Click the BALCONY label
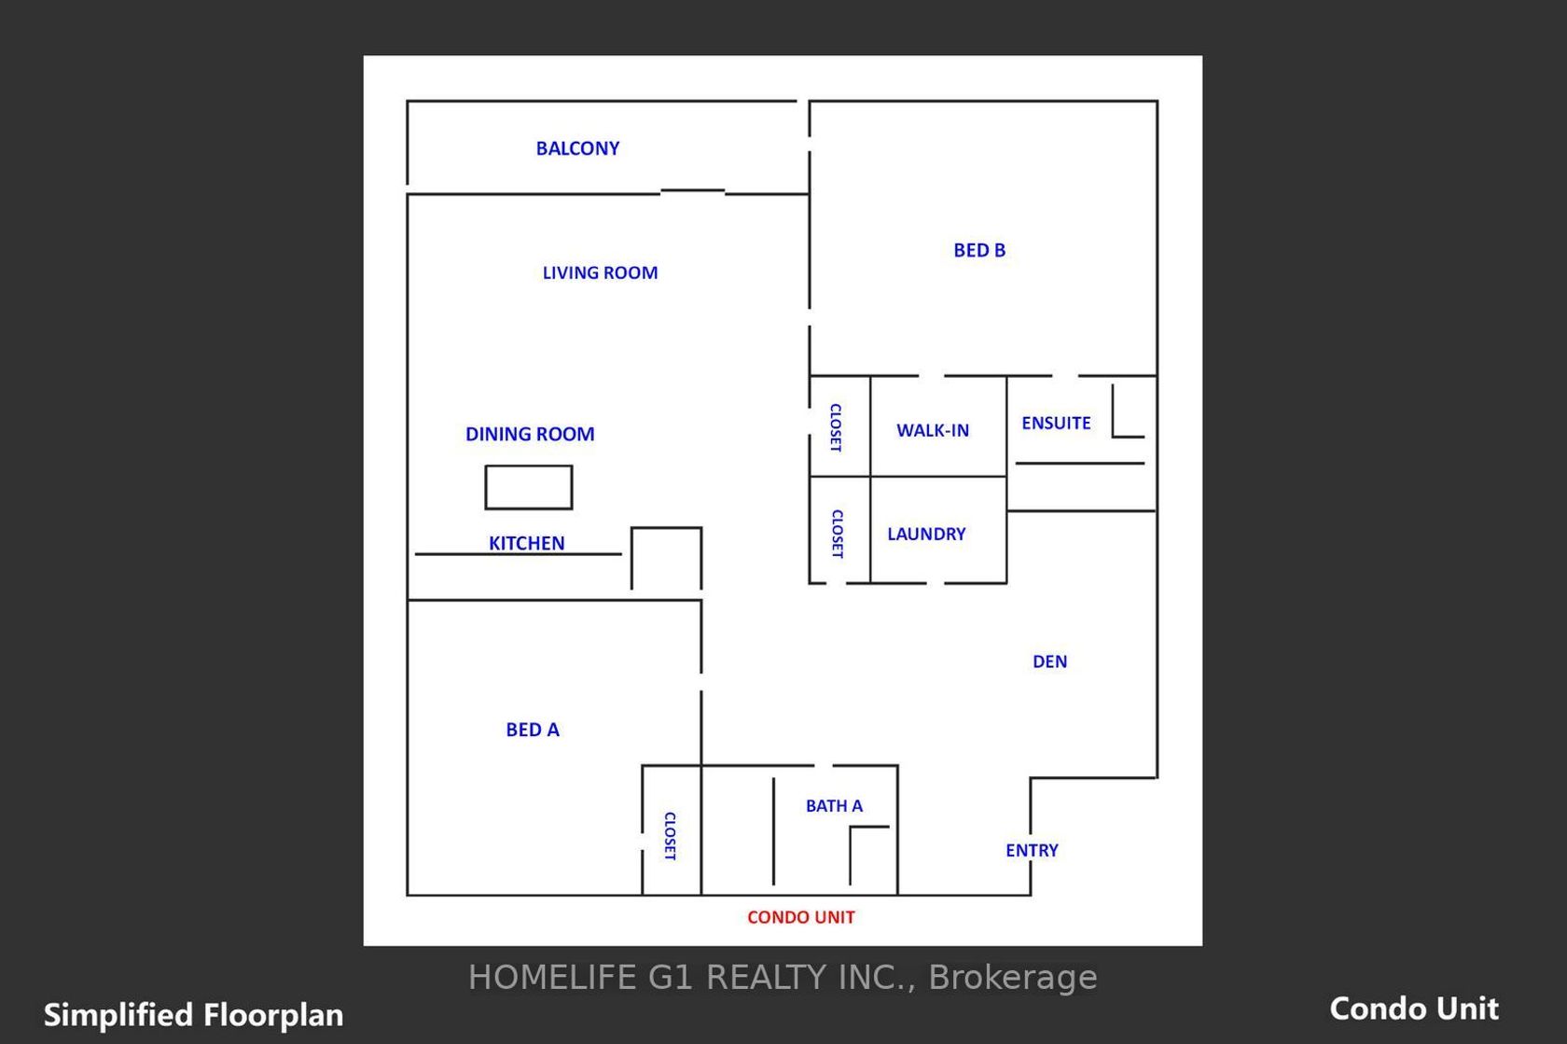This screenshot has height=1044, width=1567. [577, 148]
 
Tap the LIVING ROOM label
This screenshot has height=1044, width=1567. [601, 272]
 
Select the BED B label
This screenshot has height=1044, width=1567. [979, 250]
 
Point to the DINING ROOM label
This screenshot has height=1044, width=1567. [530, 434]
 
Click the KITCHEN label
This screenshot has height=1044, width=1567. [526, 543]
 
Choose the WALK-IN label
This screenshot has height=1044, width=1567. [933, 430]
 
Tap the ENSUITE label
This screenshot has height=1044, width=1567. [1056, 423]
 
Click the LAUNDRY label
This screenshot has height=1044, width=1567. [926, 534]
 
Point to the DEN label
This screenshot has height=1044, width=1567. [1049, 661]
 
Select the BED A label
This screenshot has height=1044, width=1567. [533, 730]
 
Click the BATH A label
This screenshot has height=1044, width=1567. [834, 806]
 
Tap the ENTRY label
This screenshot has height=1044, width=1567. [1032, 850]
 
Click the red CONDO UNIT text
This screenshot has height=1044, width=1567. [801, 917]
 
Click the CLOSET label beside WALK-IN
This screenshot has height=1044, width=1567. [836, 427]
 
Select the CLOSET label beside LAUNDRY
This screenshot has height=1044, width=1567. [837, 534]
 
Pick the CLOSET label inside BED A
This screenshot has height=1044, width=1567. [670, 836]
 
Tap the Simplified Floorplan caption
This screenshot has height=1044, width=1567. [193, 1015]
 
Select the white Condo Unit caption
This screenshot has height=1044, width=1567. [1414, 1009]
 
